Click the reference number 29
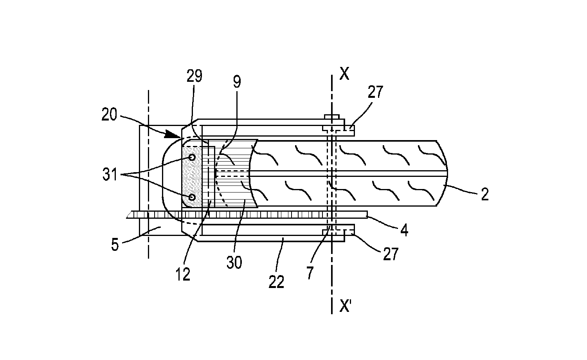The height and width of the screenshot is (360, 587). pos(194,76)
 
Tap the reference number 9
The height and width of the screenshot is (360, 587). pos(237,82)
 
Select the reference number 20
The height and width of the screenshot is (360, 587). pos(109,115)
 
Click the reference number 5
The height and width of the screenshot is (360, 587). pos(115,245)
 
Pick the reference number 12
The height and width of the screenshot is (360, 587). pos(183,275)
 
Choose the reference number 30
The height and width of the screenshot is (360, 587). pos(234,263)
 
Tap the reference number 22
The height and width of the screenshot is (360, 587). pos(276,282)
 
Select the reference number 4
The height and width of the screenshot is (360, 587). pos(404,230)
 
